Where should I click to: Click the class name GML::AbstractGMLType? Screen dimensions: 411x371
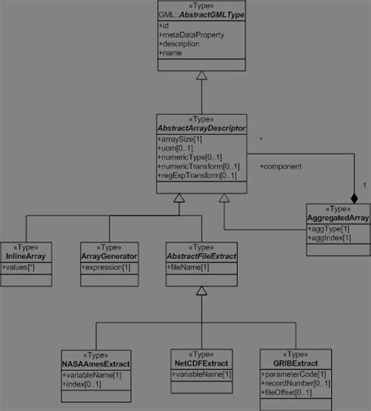(202, 15)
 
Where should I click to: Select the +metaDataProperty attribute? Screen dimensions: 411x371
(190, 34)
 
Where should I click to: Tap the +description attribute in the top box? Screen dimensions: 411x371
(182, 43)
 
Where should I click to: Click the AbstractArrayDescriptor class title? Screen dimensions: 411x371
(202, 128)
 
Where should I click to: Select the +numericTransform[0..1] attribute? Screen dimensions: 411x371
(198, 166)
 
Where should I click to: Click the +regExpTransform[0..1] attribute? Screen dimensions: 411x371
(196, 175)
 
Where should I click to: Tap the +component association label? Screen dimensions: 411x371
(280, 166)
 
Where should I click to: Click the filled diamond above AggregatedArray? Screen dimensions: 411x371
(355, 199)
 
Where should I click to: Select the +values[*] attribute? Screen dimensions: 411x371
(20, 267)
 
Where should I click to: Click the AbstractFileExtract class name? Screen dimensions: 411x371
(202, 256)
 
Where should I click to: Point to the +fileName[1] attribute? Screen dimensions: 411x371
(188, 267)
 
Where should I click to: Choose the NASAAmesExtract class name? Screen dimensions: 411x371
(96, 363)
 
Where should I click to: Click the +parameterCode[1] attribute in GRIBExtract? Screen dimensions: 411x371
(295, 374)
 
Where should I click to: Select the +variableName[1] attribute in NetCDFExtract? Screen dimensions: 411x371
(202, 374)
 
